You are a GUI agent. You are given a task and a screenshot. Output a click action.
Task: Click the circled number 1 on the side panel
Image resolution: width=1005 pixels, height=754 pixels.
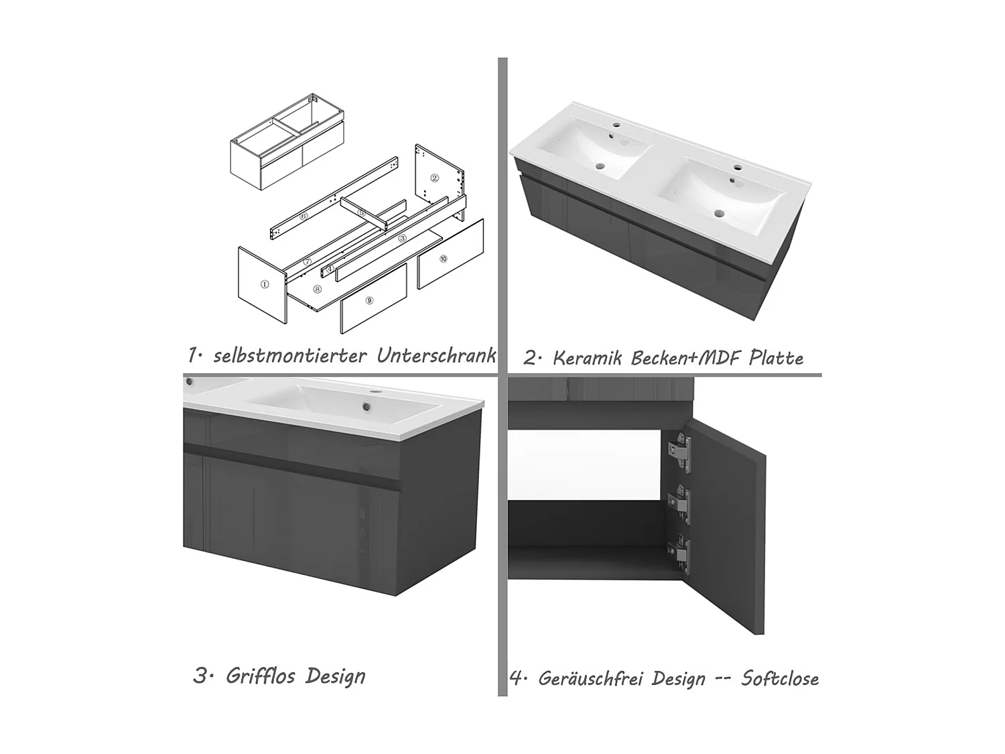click(264, 284)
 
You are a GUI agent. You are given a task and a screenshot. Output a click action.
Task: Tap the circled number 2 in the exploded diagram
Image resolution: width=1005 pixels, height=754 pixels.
click(435, 178)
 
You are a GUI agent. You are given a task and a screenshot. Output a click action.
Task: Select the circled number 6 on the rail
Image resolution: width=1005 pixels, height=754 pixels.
click(304, 216)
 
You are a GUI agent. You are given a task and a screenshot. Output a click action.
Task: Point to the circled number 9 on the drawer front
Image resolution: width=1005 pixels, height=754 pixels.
click(369, 300)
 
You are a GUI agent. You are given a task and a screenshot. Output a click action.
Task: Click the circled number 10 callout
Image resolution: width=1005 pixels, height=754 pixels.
click(444, 259)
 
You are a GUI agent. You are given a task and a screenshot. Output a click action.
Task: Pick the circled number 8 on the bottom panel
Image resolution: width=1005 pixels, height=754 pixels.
click(318, 290)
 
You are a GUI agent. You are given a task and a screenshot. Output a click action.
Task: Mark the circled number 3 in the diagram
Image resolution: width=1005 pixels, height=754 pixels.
click(403, 238)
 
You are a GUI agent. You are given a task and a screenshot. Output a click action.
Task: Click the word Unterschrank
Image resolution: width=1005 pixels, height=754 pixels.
click(436, 355)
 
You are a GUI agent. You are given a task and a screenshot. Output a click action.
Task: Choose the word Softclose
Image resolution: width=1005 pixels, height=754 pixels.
click(780, 678)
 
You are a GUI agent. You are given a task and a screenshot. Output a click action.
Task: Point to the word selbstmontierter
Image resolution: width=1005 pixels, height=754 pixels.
click(290, 356)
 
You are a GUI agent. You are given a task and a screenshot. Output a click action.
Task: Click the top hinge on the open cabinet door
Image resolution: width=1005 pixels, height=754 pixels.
click(679, 451)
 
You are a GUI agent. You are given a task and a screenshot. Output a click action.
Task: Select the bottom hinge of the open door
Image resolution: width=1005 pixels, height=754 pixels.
click(679, 556)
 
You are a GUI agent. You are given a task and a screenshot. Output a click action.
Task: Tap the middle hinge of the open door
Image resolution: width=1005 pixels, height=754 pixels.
click(679, 505)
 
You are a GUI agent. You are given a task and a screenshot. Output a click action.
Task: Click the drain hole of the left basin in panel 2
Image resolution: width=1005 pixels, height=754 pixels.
click(601, 167)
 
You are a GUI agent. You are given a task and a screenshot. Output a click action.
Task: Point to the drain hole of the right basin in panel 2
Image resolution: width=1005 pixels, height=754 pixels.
click(720, 213)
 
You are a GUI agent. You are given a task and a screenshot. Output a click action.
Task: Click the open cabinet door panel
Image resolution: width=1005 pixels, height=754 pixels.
click(726, 526)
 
